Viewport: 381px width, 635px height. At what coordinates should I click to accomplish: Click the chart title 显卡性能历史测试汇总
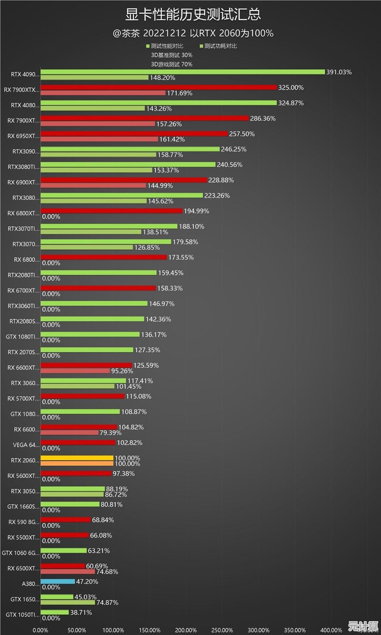click(193, 14)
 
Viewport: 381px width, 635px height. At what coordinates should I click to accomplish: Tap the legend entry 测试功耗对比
click(221, 46)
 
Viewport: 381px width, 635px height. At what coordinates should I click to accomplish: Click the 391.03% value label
click(339, 72)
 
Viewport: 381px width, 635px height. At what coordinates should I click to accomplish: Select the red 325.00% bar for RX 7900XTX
click(159, 87)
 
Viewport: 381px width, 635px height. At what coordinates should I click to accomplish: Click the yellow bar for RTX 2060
click(77, 458)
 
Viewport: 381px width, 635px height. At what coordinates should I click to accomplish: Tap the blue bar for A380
click(58, 582)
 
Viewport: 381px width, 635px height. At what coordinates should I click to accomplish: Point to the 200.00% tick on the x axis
click(186, 630)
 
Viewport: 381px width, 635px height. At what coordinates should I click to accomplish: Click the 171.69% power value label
click(180, 93)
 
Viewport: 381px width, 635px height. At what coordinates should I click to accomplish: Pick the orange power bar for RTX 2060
click(77, 463)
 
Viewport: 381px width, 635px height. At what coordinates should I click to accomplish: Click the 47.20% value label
click(87, 582)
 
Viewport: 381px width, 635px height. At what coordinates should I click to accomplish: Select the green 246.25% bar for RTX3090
click(130, 149)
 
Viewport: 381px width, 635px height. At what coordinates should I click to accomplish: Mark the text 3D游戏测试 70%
click(172, 64)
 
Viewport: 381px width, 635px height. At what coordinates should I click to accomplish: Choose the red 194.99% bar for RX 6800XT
click(111, 211)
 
